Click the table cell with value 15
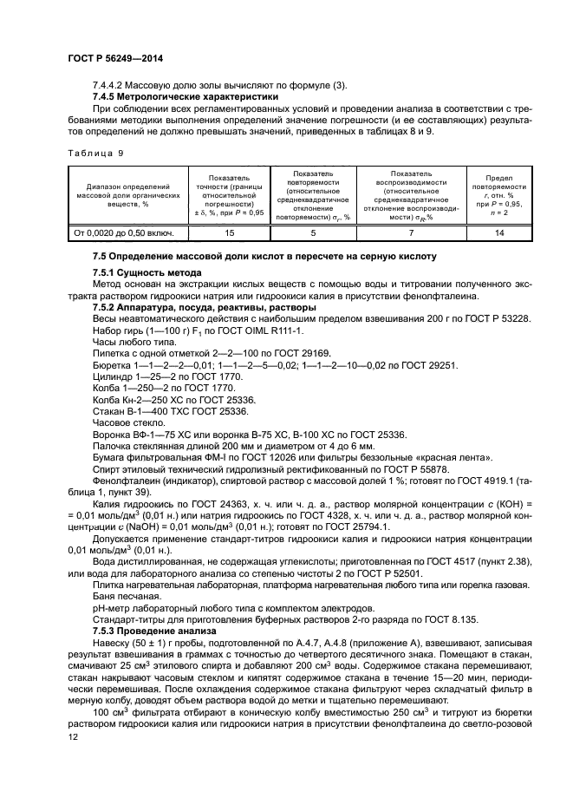point(230,232)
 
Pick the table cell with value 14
point(498,232)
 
